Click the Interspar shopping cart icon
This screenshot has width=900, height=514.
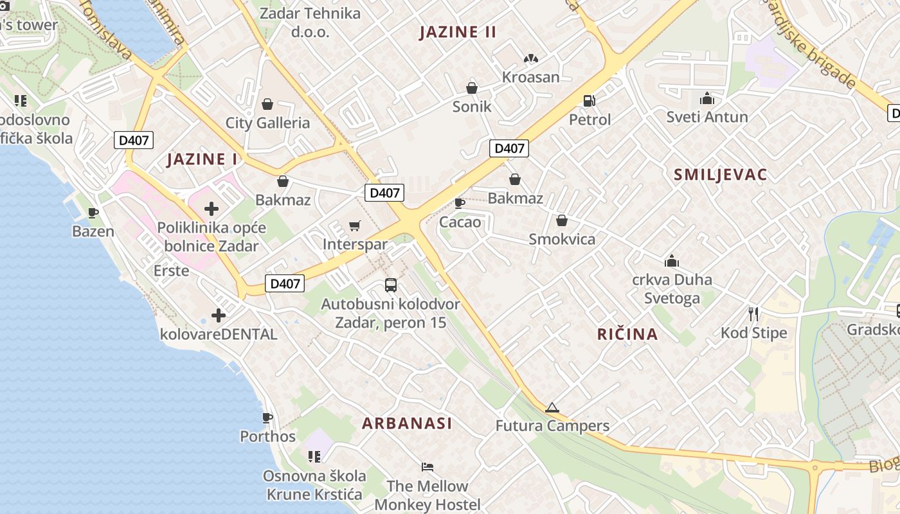pyautogui.click(x=354, y=226)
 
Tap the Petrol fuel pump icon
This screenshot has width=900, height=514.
pyautogui.click(x=589, y=101)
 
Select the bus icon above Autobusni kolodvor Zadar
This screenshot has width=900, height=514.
pyautogui.click(x=391, y=285)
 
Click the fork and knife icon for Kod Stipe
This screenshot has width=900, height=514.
pyautogui.click(x=753, y=314)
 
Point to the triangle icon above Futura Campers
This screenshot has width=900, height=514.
pyautogui.click(x=552, y=407)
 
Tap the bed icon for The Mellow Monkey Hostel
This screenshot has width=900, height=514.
pyautogui.click(x=428, y=466)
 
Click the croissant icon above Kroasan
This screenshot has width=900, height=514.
pyautogui.click(x=530, y=58)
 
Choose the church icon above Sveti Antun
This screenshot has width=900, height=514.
pyautogui.click(x=707, y=98)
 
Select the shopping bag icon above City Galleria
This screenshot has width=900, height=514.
pyautogui.click(x=267, y=104)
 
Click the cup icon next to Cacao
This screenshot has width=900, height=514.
pyautogui.click(x=460, y=204)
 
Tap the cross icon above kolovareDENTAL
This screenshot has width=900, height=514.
pyautogui.click(x=219, y=315)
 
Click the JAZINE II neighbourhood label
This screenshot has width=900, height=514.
pyautogui.click(x=458, y=32)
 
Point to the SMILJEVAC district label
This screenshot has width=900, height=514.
pyautogui.click(x=721, y=175)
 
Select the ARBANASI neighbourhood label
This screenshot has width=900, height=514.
pyautogui.click(x=407, y=423)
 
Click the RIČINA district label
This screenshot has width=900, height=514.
pyautogui.click(x=627, y=334)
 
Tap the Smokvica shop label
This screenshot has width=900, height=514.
pyautogui.click(x=562, y=240)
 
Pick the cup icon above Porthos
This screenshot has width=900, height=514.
pyautogui.click(x=267, y=418)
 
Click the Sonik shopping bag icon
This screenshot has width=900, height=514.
pyautogui.click(x=472, y=88)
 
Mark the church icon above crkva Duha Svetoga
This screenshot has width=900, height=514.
pyautogui.click(x=672, y=261)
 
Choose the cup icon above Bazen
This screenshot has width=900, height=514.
pyautogui.click(x=93, y=213)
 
